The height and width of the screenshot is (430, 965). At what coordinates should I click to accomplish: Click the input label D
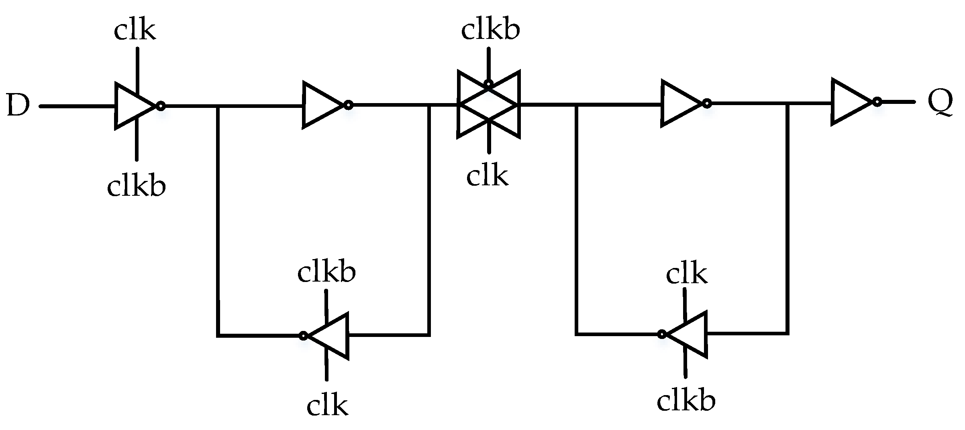point(19,106)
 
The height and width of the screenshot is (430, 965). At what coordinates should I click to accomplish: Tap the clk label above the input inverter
point(135,30)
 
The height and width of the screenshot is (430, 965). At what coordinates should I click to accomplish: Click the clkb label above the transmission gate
point(490,30)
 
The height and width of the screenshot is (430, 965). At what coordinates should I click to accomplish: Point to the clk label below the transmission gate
point(487,176)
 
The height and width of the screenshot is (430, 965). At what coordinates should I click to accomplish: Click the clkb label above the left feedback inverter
point(326,273)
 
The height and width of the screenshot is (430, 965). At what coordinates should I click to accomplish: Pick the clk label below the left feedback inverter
point(327,406)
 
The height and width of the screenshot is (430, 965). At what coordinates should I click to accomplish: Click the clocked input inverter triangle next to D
point(133,106)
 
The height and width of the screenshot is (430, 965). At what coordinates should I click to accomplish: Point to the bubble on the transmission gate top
point(488,84)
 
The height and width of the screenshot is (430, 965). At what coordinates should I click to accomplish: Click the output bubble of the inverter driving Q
point(877,102)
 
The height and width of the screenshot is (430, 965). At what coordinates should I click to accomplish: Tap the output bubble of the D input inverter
point(161,106)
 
